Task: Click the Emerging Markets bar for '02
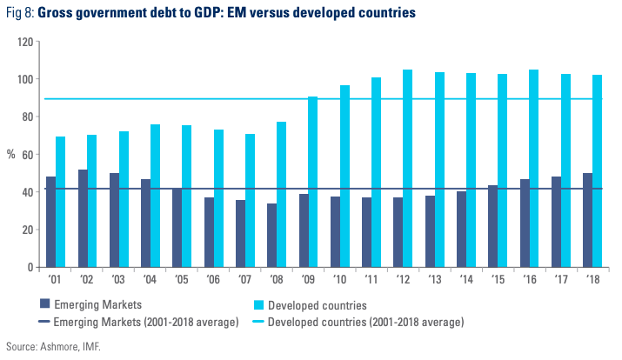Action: coord(84,218)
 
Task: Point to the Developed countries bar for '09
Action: coord(312,182)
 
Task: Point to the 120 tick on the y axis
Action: coord(25,42)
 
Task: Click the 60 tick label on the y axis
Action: coord(28,154)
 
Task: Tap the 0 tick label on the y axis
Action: coord(30,267)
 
